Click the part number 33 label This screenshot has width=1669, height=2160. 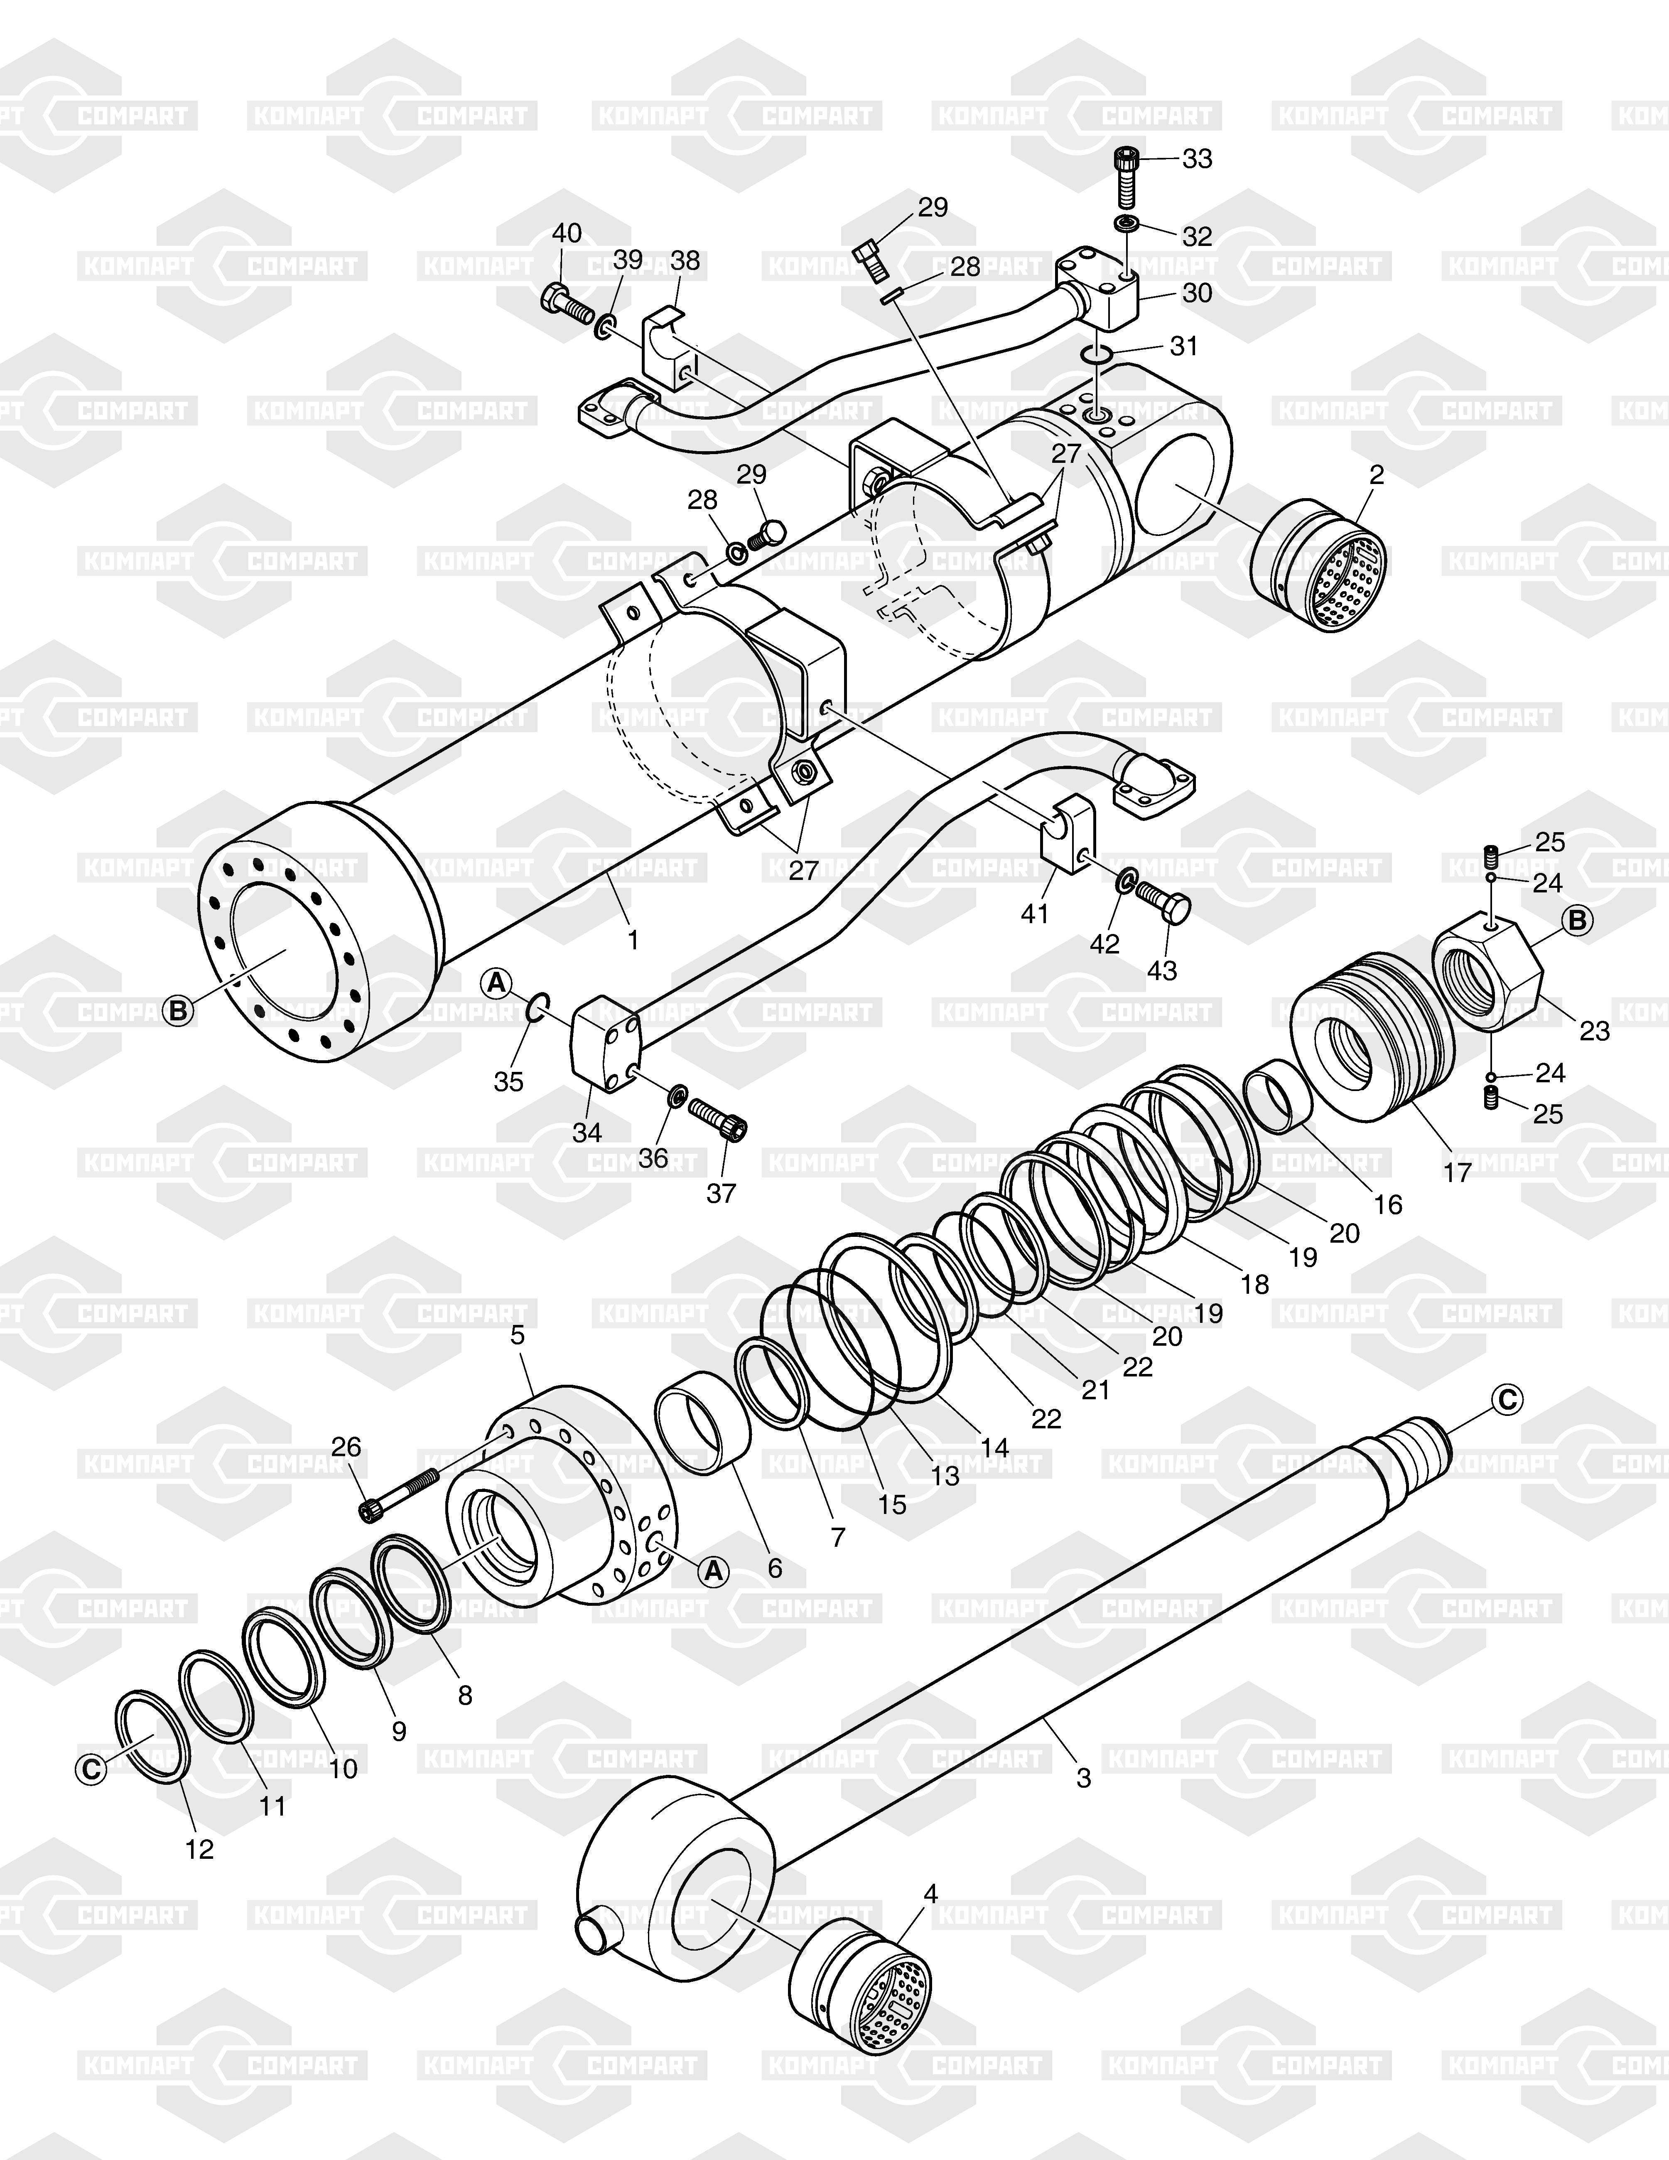tap(1198, 158)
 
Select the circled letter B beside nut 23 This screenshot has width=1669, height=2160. tap(1577, 921)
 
